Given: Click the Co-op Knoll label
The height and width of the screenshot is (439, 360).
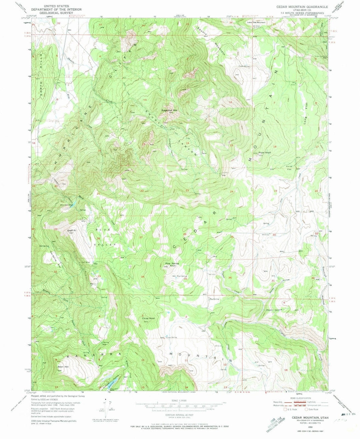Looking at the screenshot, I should coord(148,318).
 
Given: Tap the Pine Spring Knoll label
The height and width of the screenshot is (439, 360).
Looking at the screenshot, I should coord(172,265).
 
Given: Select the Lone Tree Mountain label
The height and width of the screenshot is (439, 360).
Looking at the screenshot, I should coord(256,22).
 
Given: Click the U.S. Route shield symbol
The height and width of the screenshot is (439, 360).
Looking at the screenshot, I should coord(285,409).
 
